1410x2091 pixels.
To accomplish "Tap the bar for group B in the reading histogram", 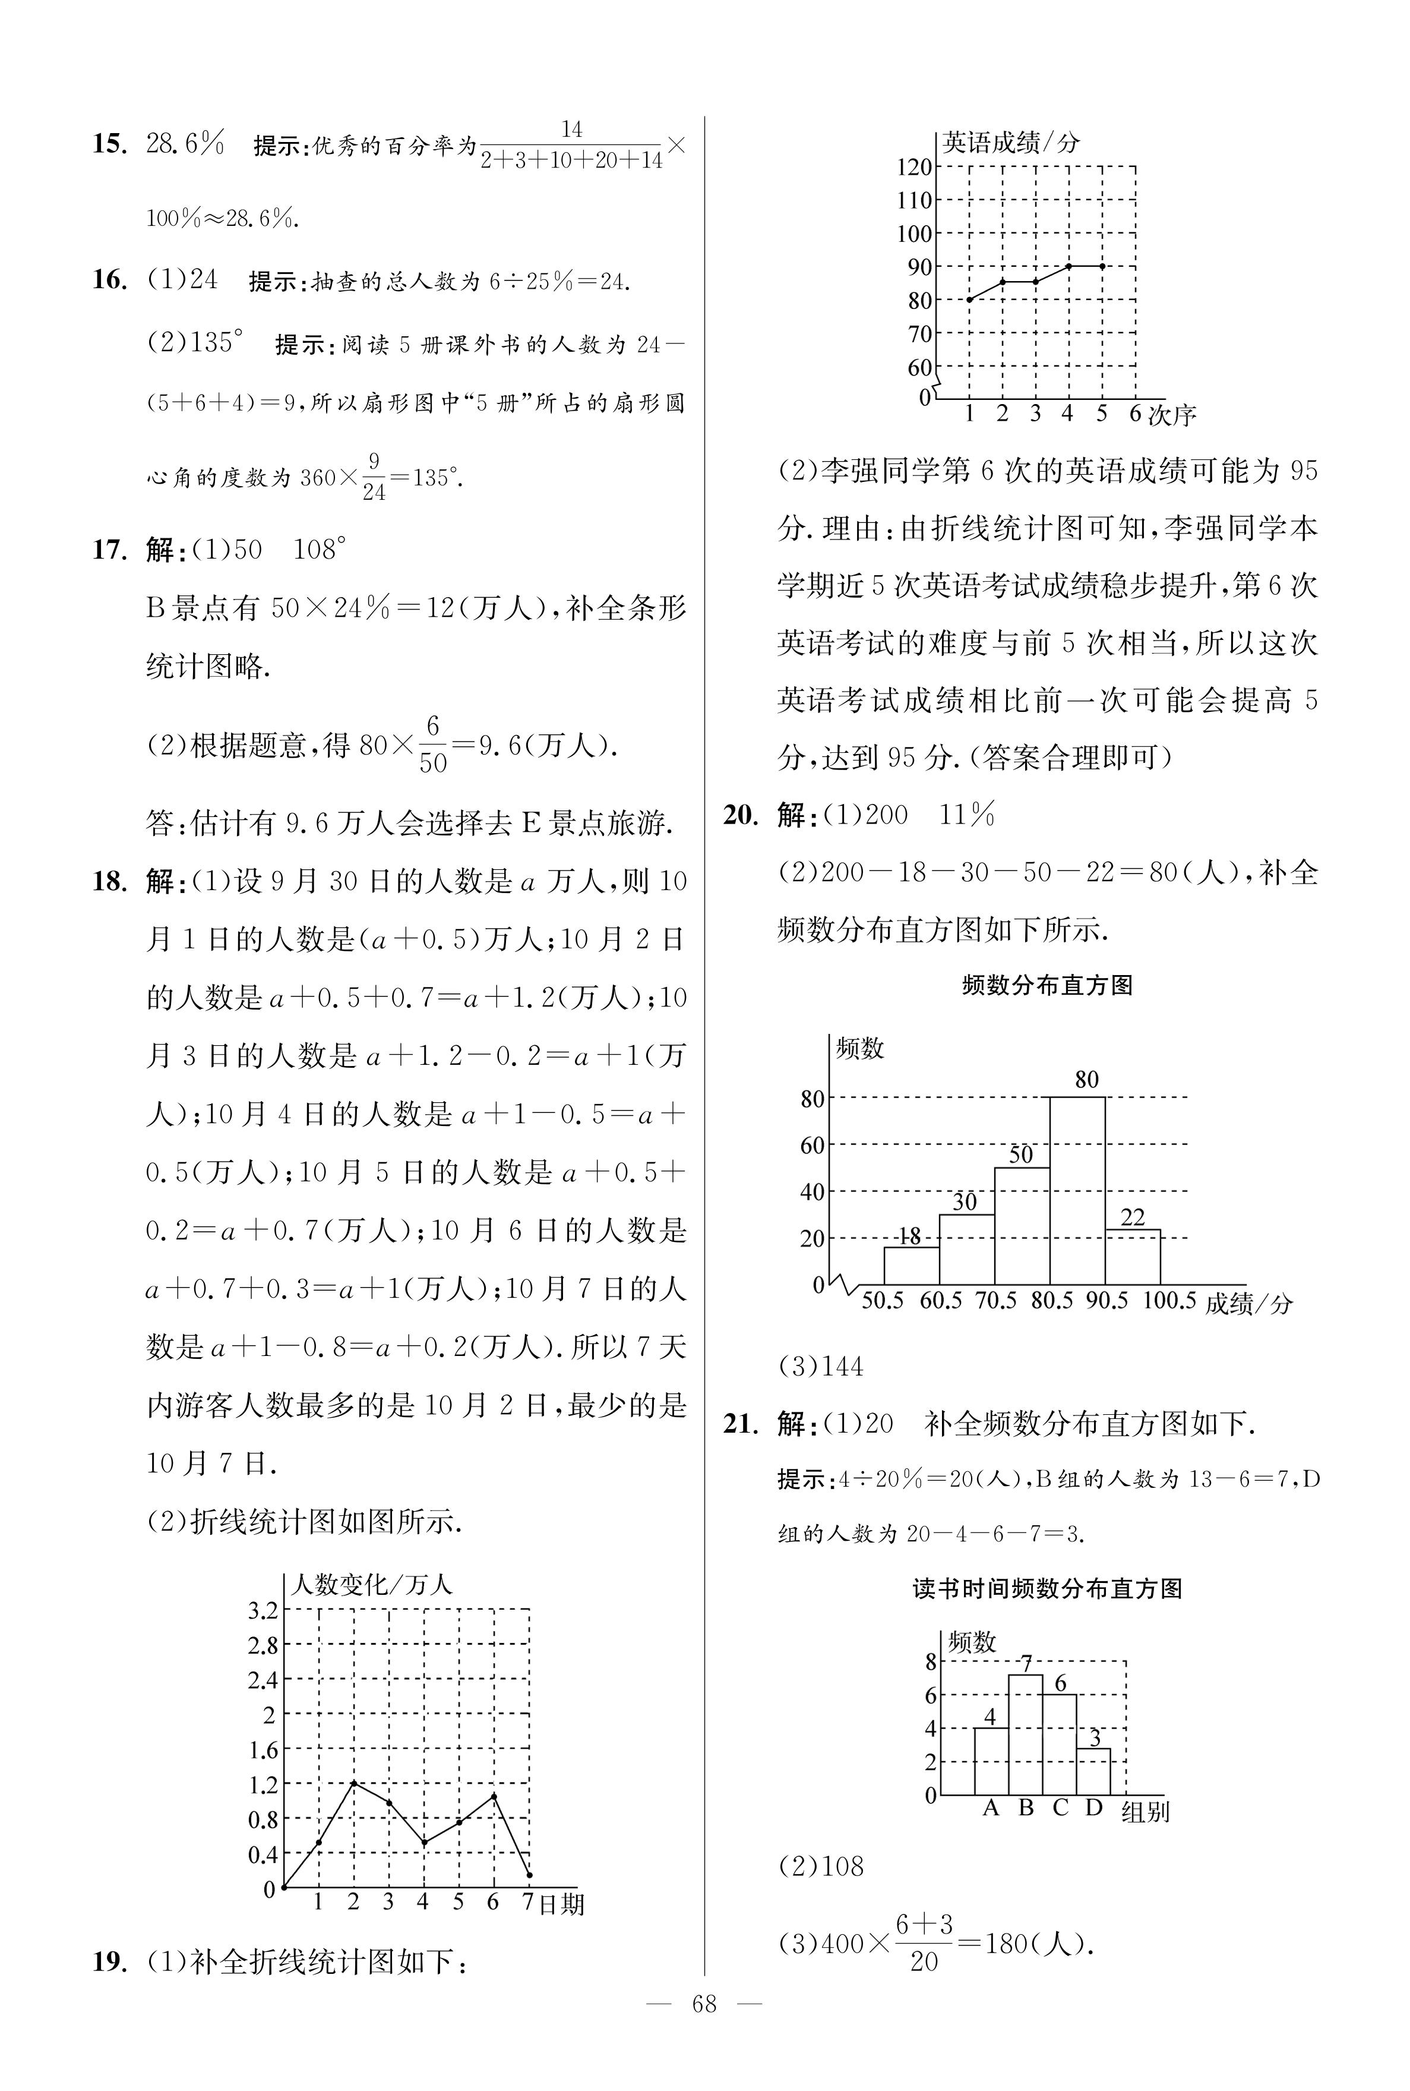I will coord(1025,1735).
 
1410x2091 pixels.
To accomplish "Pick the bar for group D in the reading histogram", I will coord(1093,1772).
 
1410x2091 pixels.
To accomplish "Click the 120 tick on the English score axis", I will coord(915,168).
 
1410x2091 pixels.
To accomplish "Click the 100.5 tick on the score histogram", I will coord(1169,1301).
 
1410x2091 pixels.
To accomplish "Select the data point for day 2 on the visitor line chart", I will coord(353,1783).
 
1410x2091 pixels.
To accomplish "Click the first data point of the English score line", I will coord(969,299).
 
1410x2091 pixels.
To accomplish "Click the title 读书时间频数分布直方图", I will coord(1047,1589).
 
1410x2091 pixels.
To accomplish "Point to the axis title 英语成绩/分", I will coord(1011,142).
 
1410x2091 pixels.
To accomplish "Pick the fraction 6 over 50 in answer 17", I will coord(432,745).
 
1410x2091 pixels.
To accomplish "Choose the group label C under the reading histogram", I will coord(1060,1808).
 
